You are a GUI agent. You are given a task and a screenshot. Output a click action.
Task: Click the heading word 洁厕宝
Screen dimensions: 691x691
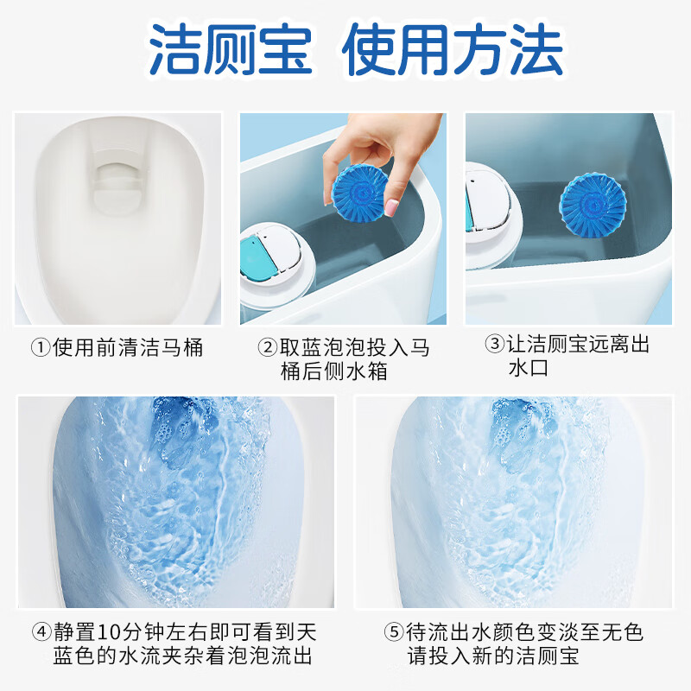point(230,49)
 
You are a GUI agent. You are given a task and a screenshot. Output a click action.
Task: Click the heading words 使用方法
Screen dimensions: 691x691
point(453,49)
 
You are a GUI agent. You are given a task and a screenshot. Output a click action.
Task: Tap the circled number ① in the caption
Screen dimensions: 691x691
point(41,348)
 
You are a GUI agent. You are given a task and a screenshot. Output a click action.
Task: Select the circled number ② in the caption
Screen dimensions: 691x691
point(268,348)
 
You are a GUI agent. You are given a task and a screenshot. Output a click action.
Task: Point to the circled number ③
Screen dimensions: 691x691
point(494,345)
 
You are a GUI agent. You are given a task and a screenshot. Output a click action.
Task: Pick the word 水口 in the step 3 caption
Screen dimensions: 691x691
point(528,369)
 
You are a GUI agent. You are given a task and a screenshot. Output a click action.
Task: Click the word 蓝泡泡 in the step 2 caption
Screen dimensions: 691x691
point(332,348)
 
